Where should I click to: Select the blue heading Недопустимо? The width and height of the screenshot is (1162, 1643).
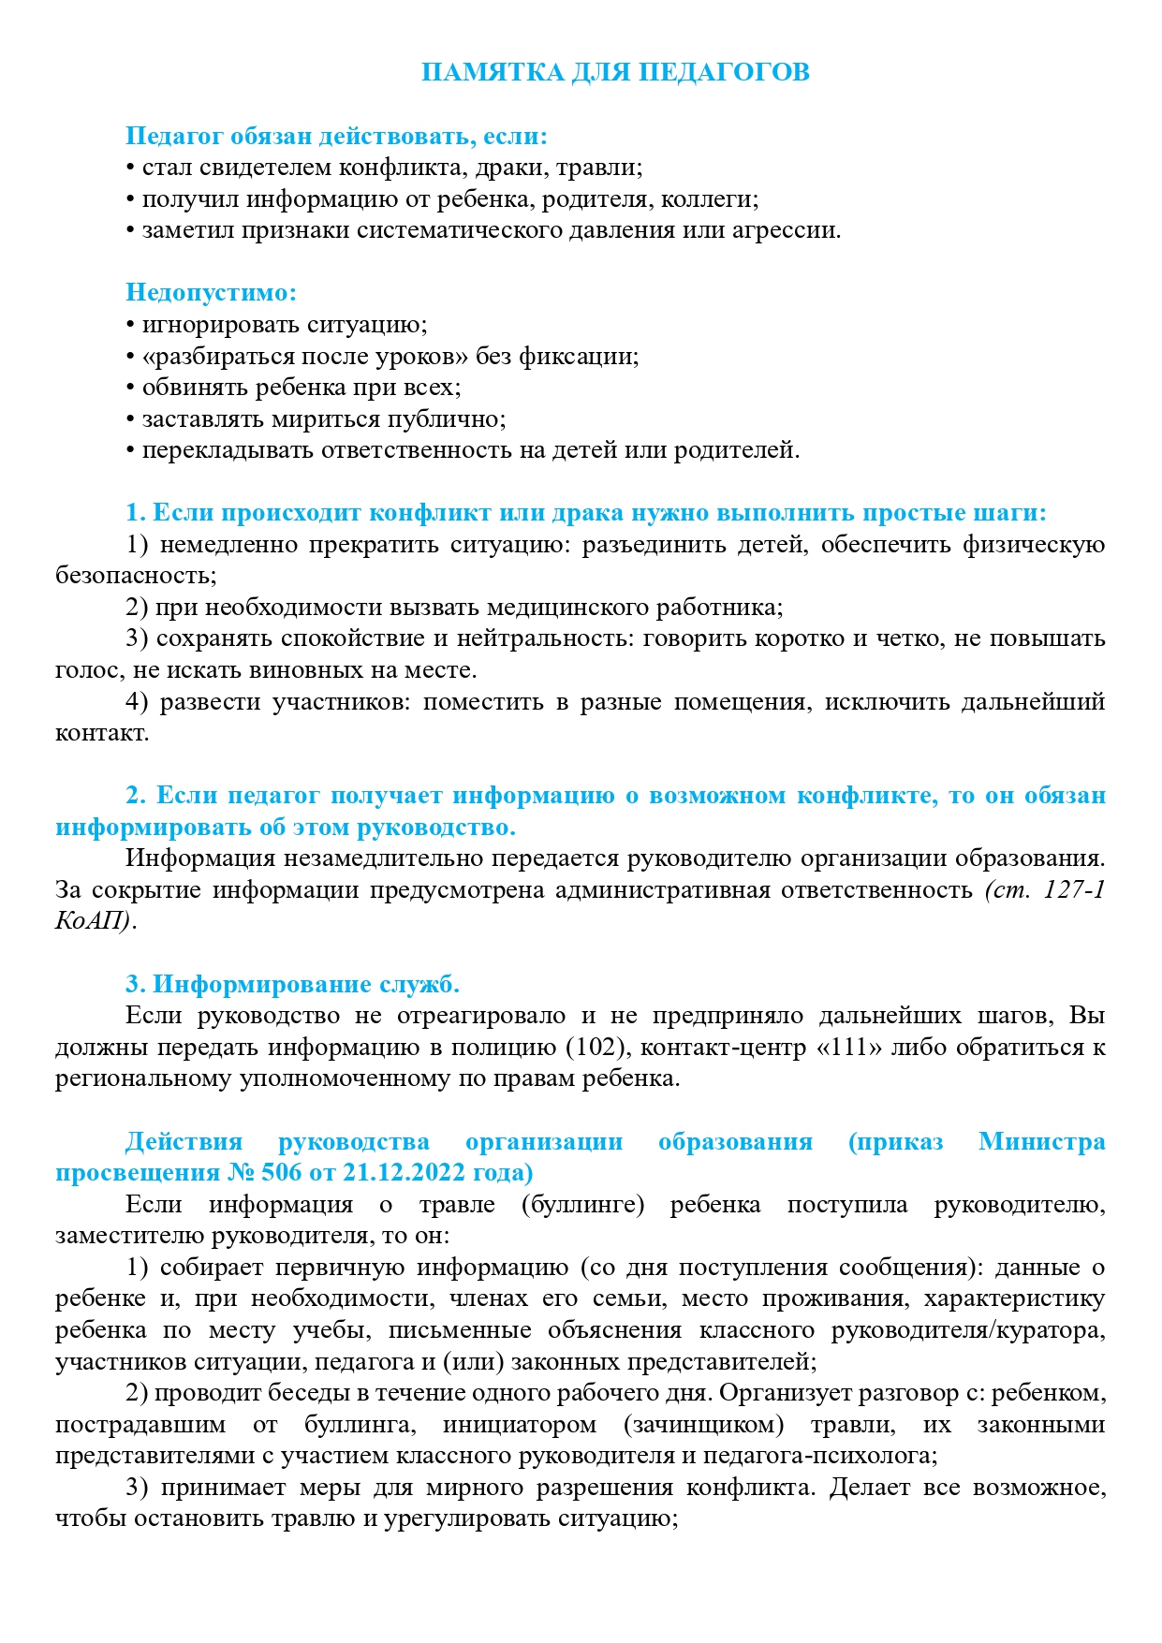(x=211, y=292)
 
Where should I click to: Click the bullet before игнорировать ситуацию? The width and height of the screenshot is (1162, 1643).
(x=130, y=325)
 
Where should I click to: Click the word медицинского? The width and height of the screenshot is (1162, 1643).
(x=566, y=607)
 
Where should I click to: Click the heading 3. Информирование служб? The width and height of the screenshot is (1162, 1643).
(x=292, y=984)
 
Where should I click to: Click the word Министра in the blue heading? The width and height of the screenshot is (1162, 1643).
(x=1041, y=1141)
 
